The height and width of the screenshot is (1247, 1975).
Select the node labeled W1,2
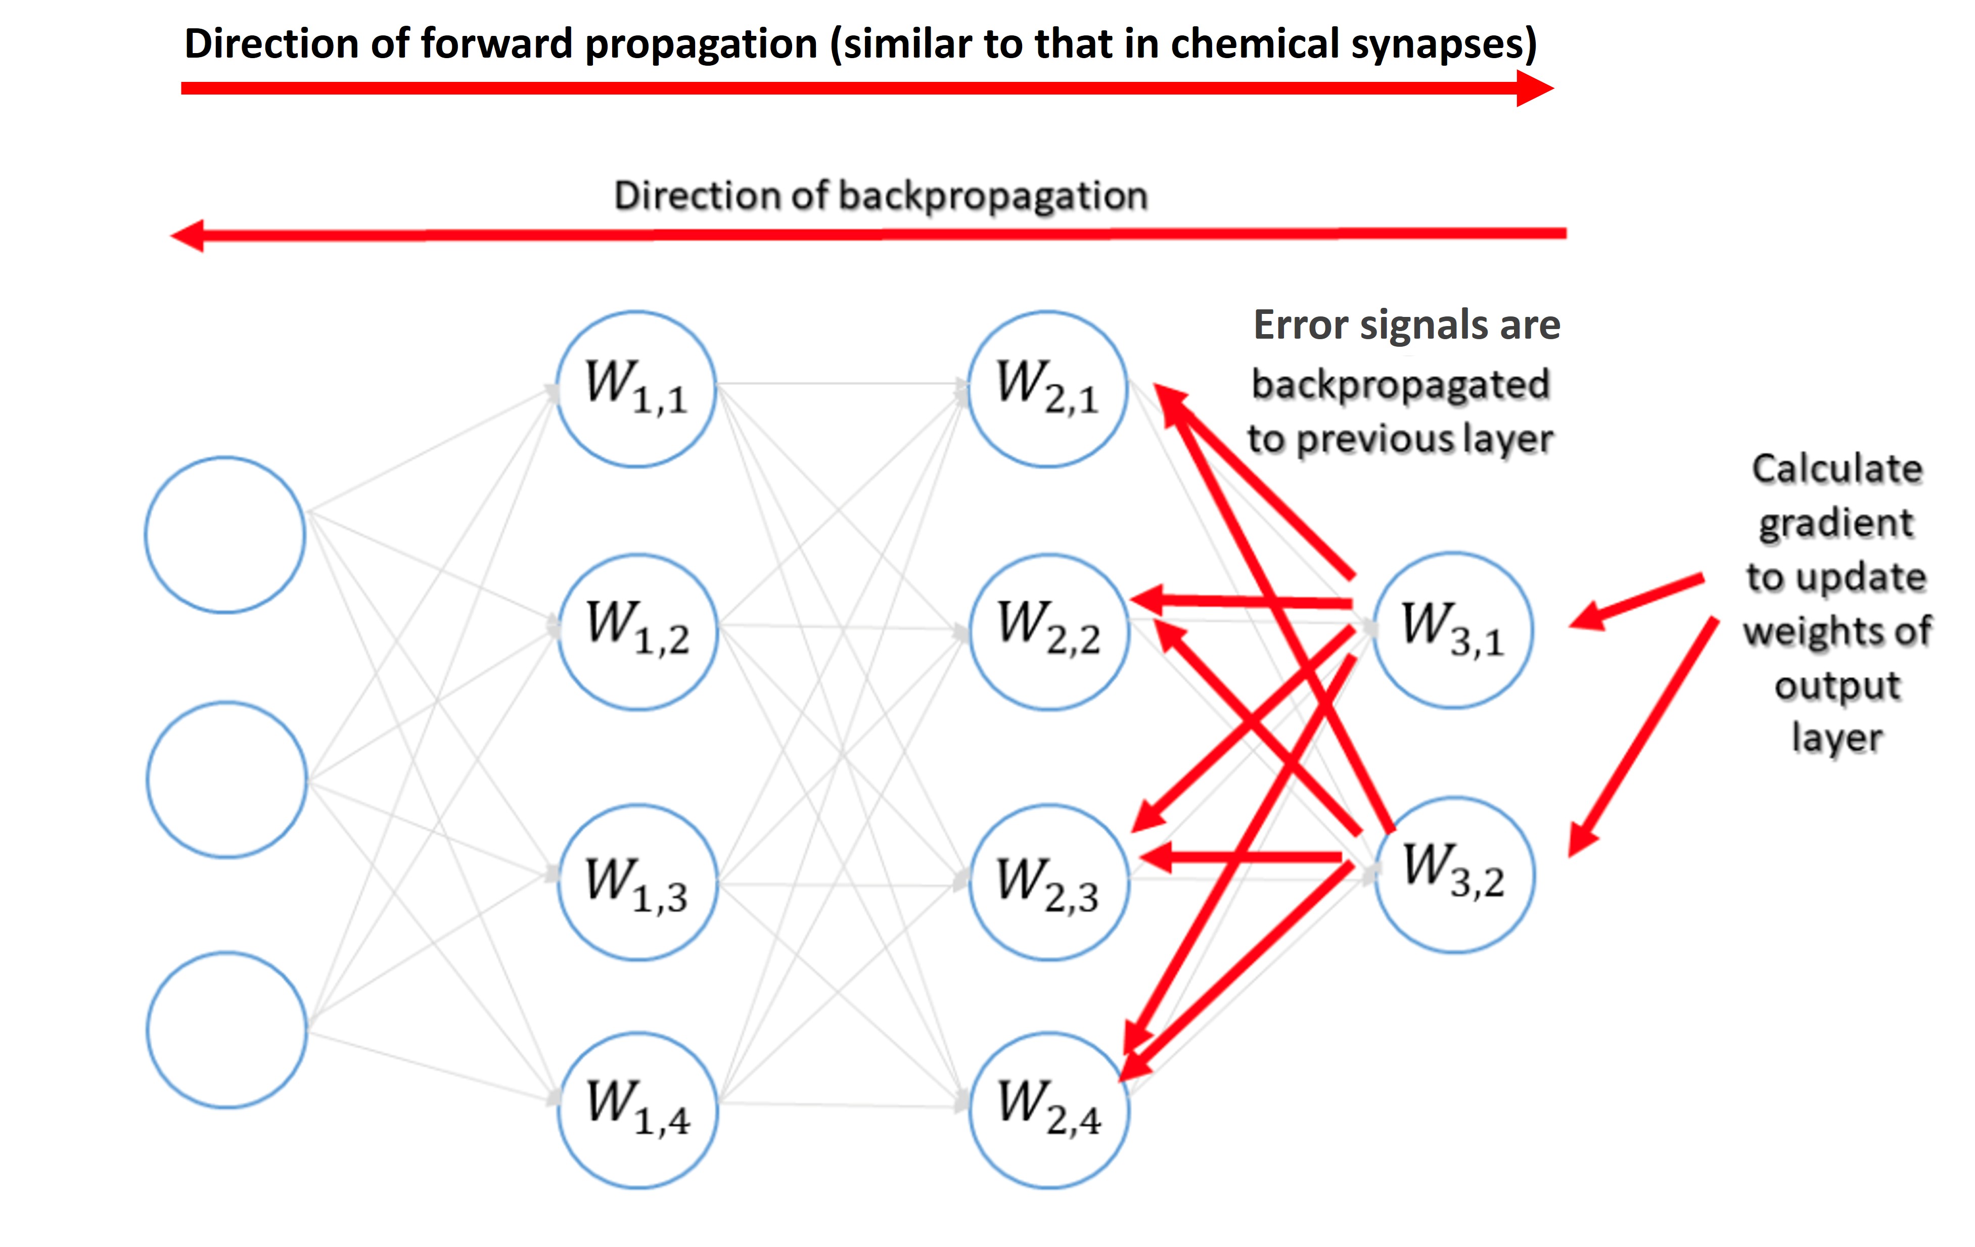pyautogui.click(x=637, y=632)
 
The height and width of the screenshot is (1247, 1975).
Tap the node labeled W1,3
pyautogui.click(x=637, y=883)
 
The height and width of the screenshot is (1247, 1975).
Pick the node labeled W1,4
pyautogui.click(x=637, y=1110)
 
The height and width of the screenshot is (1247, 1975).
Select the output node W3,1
pyautogui.click(x=1452, y=630)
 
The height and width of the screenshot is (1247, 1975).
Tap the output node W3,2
pyautogui.click(x=1454, y=874)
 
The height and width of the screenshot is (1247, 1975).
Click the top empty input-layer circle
pyautogui.click(x=225, y=535)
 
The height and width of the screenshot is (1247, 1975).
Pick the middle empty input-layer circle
pyautogui.click(x=227, y=779)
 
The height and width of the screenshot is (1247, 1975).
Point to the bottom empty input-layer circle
pyautogui.click(x=227, y=1031)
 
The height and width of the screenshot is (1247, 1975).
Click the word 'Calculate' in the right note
pyautogui.click(x=1837, y=469)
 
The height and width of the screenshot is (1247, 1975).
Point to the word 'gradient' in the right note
pyautogui.click(x=1835, y=523)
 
